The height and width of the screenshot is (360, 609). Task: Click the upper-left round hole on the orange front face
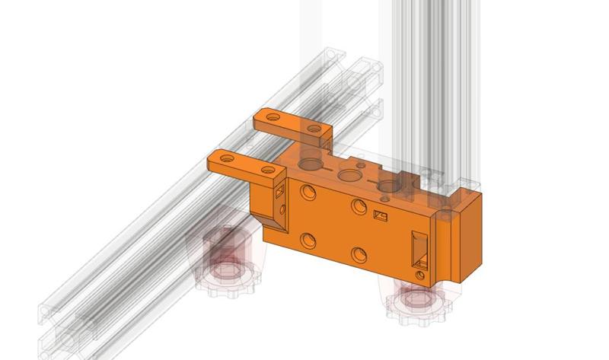click(308, 191)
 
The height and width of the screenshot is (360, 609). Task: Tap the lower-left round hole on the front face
click(308, 241)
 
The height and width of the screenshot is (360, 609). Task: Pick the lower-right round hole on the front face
click(359, 255)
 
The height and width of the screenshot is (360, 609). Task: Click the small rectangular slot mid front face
click(381, 216)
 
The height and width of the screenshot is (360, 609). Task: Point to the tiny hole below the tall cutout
click(420, 272)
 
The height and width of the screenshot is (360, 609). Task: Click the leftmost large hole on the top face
click(311, 163)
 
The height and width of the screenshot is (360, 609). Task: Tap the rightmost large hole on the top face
click(390, 186)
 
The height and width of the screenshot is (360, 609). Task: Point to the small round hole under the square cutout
click(283, 207)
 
